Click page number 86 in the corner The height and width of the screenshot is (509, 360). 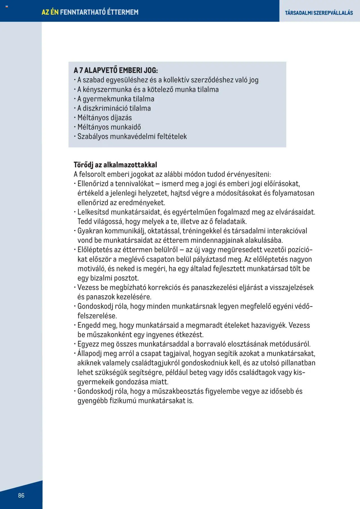[21, 495]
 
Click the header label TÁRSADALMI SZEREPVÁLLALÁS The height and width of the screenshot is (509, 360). [319, 13]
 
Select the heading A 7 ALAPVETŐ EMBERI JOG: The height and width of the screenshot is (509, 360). [116, 70]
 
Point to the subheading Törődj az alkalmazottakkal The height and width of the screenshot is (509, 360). [115, 165]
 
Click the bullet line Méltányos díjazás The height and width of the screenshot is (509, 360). [104, 118]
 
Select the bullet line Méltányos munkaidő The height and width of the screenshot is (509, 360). [109, 127]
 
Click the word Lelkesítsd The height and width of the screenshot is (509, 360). [93, 212]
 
